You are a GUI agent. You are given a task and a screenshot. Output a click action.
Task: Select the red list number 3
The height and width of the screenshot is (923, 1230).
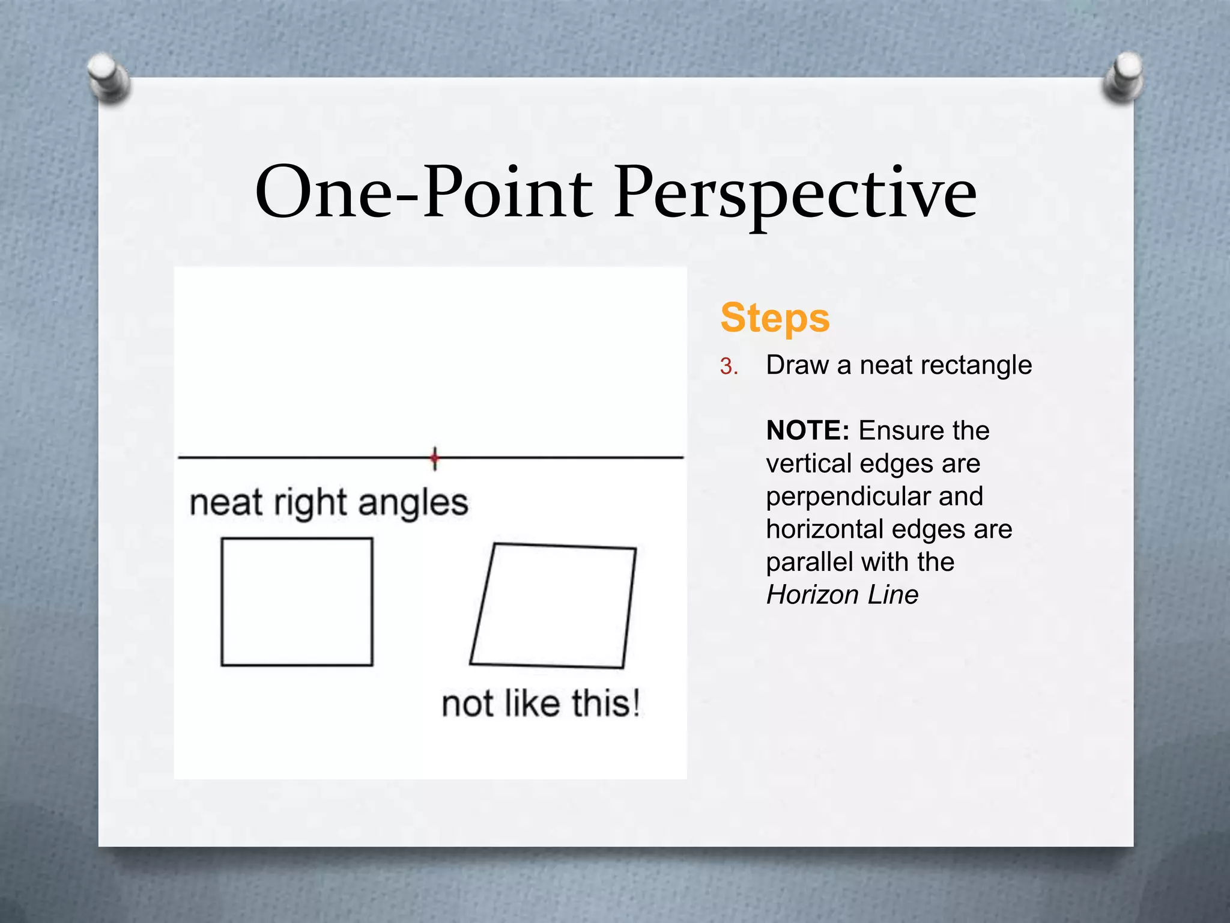point(729,367)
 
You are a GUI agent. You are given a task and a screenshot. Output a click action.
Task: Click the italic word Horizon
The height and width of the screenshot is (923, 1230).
point(805,595)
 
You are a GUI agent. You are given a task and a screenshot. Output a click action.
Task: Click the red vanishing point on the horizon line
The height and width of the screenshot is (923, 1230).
point(435,458)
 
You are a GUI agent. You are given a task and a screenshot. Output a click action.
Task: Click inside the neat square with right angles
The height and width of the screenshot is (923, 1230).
point(297,602)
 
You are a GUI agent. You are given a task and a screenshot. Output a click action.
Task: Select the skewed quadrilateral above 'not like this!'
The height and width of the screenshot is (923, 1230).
point(553,606)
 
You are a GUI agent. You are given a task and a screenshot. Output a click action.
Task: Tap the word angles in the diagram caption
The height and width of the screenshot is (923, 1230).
point(413,504)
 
